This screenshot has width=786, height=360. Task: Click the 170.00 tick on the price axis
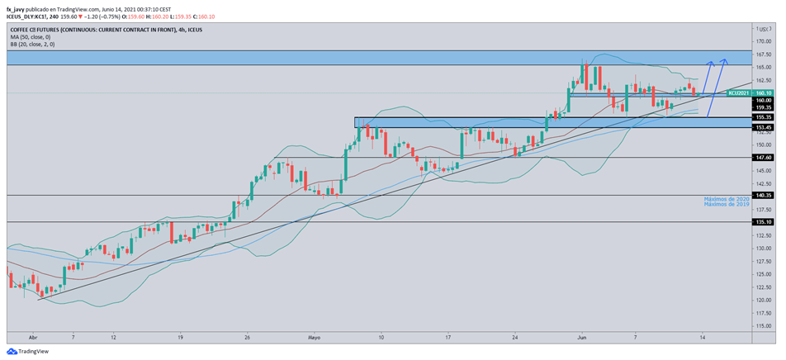pos(763,40)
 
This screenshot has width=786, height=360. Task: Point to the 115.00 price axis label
pos(763,326)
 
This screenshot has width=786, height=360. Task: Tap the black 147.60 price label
pos(763,157)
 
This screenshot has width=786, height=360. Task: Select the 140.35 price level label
pos(763,195)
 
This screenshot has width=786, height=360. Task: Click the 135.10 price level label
pos(763,222)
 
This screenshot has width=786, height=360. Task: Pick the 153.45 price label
pos(763,127)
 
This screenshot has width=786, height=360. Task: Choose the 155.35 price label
pos(763,117)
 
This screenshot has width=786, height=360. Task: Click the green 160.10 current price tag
pos(763,93)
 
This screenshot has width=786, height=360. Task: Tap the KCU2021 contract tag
pos(738,93)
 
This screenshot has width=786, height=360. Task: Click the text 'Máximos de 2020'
pos(726,199)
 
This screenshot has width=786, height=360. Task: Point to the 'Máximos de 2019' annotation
pos(726,205)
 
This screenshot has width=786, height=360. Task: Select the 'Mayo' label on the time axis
pos(314,338)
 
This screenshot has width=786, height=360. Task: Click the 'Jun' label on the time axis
pos(581,338)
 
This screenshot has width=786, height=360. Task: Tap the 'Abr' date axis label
pos(33,338)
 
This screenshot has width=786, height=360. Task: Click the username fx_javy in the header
pos(17,9)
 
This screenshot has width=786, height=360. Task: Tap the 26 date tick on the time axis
pos(247,338)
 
